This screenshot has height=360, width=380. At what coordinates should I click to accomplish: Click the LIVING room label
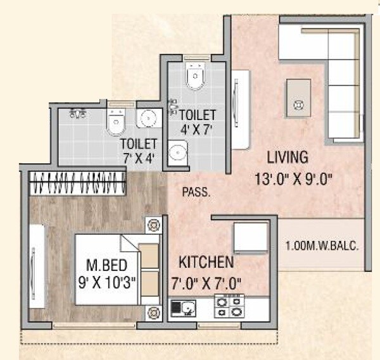(287, 157)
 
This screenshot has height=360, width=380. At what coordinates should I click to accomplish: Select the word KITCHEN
(206, 262)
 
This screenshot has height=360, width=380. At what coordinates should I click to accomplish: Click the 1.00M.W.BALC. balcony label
(322, 245)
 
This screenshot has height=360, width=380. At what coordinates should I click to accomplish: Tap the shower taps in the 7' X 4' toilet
(78, 115)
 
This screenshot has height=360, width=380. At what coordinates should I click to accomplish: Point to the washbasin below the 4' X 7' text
(179, 152)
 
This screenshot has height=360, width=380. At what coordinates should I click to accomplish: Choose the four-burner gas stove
(229, 307)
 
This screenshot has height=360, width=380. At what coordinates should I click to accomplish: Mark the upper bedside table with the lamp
(153, 225)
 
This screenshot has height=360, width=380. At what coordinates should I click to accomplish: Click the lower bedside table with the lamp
(153, 312)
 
